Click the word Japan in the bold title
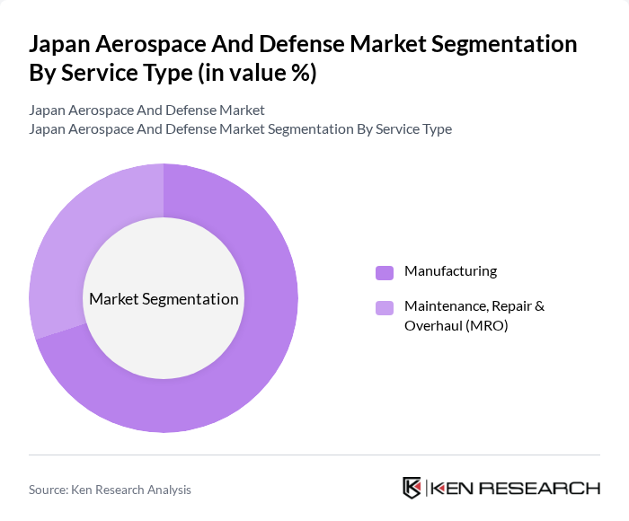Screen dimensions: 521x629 64,44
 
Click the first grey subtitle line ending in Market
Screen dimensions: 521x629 146,110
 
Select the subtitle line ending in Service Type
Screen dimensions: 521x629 240,128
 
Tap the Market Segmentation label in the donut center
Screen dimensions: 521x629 164,299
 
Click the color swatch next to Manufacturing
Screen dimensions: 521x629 385,272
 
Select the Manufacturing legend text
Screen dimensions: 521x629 450,271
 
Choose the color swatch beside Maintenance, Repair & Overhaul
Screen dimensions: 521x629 385,307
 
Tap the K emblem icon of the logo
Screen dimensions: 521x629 412,488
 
